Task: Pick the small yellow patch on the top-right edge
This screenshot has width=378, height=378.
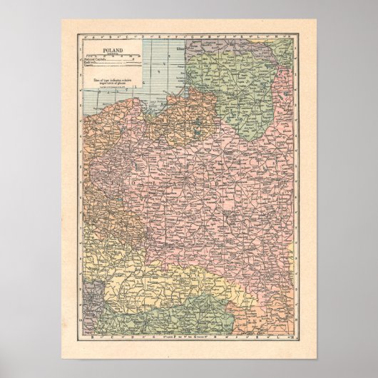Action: [290, 58]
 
